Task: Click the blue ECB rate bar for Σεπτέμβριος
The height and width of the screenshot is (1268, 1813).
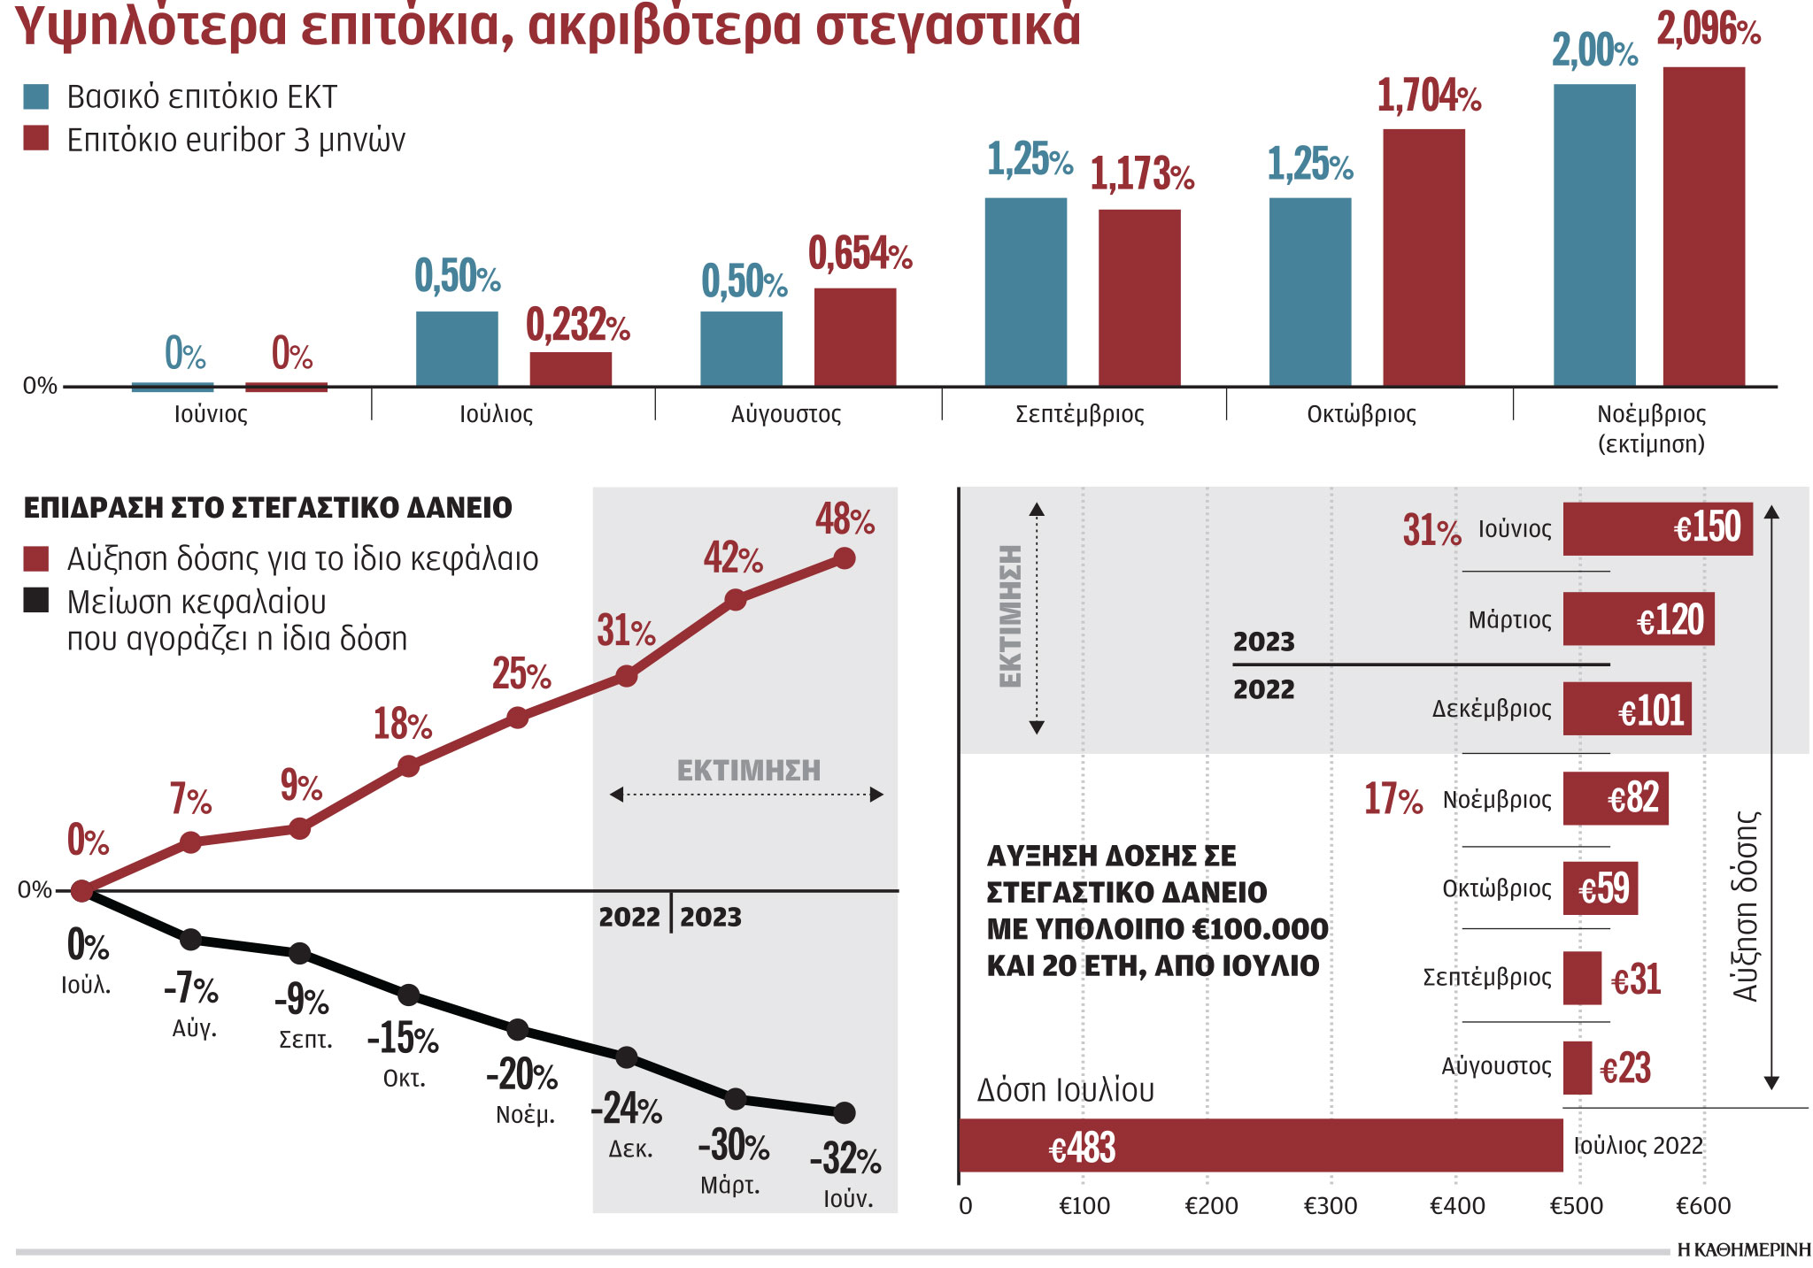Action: pos(1025,292)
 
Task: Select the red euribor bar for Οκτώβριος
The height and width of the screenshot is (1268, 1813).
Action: pos(1423,257)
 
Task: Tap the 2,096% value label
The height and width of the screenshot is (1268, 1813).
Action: pos(1708,31)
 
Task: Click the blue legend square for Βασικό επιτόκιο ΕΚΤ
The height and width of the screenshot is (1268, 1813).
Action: pos(36,96)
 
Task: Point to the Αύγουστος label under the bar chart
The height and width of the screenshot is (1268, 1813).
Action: pos(785,414)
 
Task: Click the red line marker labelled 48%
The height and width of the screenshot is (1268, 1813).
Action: pos(845,558)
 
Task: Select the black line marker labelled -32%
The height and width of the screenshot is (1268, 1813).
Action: pos(845,1112)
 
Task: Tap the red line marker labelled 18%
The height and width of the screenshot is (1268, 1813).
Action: pos(408,766)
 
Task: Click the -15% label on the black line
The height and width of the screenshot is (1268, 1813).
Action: pos(403,1038)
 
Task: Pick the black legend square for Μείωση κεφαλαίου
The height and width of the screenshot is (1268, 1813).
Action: pos(36,601)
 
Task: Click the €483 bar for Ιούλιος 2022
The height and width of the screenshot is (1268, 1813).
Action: pos(1261,1146)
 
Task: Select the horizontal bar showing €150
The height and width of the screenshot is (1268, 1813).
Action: pos(1657,529)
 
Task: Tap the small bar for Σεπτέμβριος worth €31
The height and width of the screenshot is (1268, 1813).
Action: pos(1581,978)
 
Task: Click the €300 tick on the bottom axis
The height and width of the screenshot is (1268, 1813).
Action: pos(1331,1206)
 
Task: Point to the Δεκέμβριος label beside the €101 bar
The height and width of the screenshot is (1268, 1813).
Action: pos(1492,709)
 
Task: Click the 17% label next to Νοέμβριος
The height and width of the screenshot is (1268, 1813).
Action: pos(1393,799)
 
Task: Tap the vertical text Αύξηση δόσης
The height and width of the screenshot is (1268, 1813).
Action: pos(1745,906)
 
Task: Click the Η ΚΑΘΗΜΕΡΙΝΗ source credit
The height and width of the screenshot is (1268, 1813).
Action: pos(1743,1250)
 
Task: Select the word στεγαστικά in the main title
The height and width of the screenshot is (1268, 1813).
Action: pos(947,25)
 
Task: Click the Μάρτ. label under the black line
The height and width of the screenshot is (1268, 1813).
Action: pos(730,1186)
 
